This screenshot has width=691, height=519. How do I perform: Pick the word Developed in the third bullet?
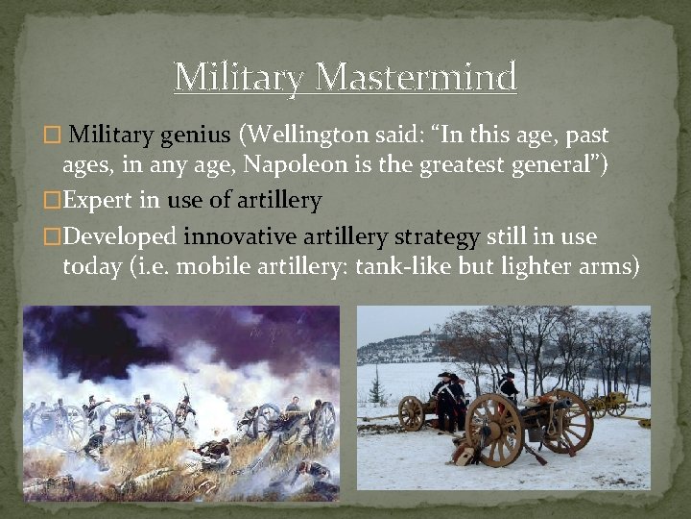click(121, 235)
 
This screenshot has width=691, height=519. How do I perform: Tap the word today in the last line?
click(91, 265)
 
